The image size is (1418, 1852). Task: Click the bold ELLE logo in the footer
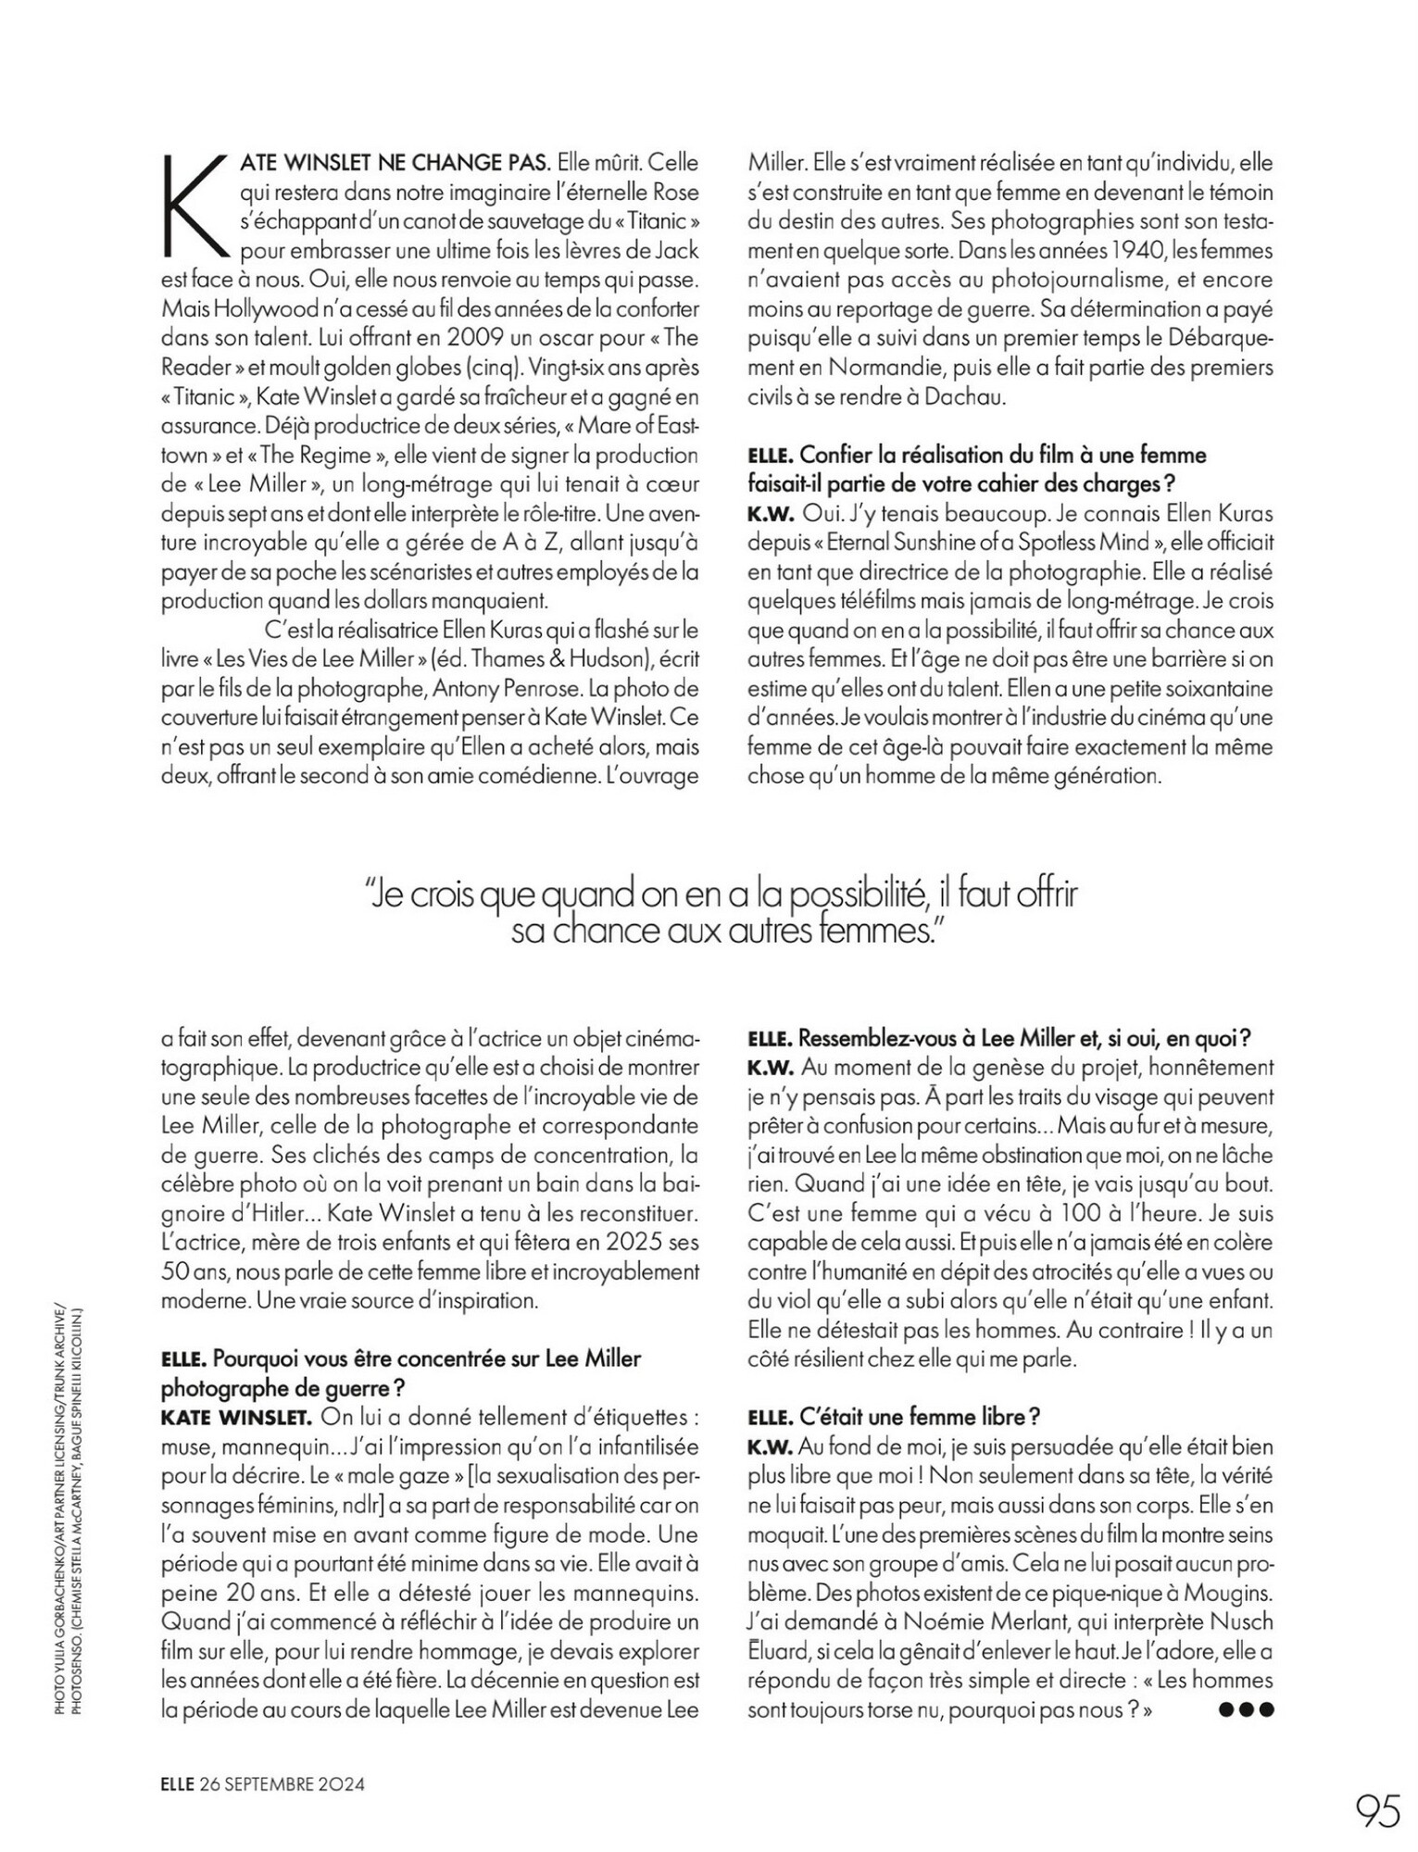[177, 1783]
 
